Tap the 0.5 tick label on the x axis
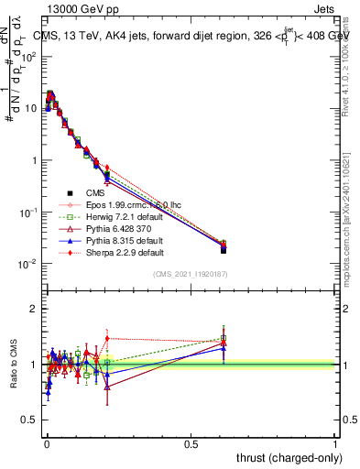[x=191, y=443]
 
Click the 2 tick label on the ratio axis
[x=34, y=309]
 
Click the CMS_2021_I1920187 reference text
[x=190, y=274]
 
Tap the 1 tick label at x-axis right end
[x=335, y=443]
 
